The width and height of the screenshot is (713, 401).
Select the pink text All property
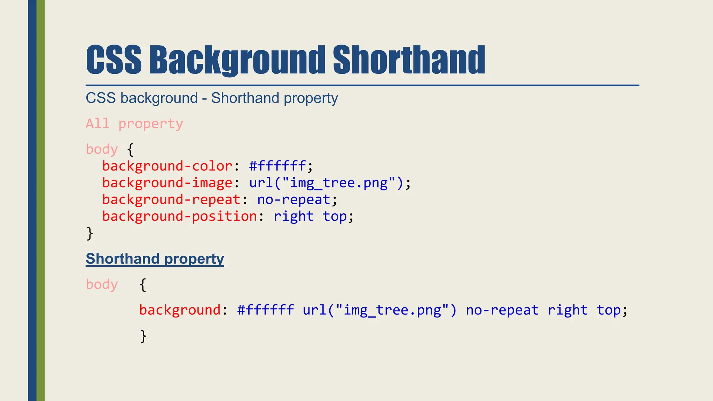point(134,124)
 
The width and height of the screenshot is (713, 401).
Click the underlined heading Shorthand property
point(155,259)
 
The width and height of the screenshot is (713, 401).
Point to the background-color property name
point(167,166)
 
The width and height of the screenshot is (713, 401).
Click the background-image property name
point(167,183)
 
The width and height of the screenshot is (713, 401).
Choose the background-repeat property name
point(171,199)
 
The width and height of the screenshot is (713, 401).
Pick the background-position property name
point(179,216)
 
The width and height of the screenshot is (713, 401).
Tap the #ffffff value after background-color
point(277,166)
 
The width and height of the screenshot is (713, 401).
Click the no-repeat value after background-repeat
point(294,199)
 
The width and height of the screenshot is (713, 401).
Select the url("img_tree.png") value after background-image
point(326,183)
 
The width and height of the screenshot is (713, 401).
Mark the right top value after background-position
point(310,216)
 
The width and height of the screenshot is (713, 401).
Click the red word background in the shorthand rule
point(180,310)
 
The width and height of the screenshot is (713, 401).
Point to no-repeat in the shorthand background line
point(502,310)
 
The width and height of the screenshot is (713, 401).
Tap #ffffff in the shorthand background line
point(265,310)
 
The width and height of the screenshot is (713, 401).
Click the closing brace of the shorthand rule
point(143,336)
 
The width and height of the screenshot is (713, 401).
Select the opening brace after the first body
point(130,150)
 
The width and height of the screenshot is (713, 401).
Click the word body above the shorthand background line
point(102,284)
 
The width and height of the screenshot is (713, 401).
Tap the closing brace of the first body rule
point(90,233)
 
